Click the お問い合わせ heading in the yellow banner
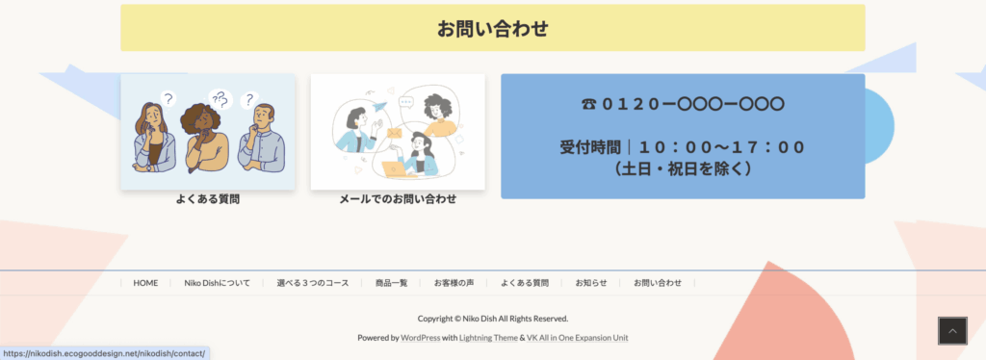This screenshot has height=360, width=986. click(x=492, y=28)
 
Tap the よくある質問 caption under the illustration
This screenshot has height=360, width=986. click(x=208, y=199)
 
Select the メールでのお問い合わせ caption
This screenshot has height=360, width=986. click(x=398, y=199)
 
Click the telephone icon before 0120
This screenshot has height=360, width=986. click(x=588, y=104)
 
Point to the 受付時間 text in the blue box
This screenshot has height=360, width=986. click(x=590, y=147)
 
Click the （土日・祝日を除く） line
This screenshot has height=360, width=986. click(x=683, y=169)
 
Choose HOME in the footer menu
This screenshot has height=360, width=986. click(x=145, y=283)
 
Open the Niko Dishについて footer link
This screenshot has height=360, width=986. click(x=217, y=283)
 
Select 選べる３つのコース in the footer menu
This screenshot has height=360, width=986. click(x=313, y=283)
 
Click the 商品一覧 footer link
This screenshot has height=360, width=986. click(x=391, y=283)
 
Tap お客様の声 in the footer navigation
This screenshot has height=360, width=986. click(x=454, y=283)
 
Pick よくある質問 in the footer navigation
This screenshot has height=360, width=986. click(x=525, y=283)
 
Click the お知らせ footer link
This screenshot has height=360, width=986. click(x=591, y=283)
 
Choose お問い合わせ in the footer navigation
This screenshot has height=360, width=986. click(x=658, y=283)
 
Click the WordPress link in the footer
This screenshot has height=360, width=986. click(x=420, y=338)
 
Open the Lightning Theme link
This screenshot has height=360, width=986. click(x=488, y=338)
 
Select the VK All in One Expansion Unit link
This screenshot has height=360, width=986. click(x=578, y=338)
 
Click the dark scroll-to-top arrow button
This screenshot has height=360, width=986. click(x=952, y=331)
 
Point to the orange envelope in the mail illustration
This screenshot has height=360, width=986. click(x=394, y=133)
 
